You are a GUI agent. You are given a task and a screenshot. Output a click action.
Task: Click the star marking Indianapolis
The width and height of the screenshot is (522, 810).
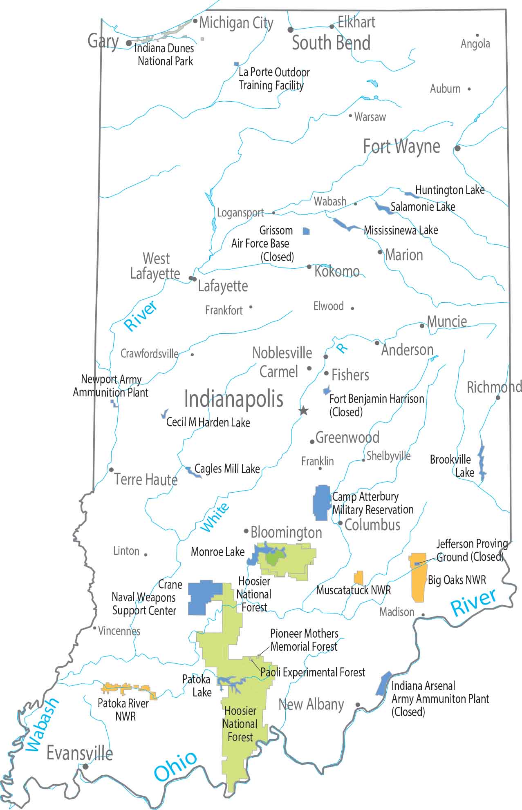click(304, 411)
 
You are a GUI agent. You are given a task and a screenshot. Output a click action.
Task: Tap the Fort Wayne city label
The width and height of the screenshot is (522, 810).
click(401, 146)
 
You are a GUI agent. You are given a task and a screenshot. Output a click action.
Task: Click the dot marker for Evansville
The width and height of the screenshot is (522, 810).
click(85, 767)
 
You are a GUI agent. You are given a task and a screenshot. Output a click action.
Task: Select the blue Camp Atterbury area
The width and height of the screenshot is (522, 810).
click(321, 503)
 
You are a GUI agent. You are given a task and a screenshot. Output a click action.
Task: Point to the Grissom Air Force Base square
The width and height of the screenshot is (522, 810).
click(306, 231)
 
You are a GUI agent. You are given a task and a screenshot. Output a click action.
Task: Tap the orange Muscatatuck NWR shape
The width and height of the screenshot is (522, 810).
click(358, 578)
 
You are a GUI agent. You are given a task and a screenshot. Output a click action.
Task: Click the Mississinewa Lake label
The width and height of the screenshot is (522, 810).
click(401, 230)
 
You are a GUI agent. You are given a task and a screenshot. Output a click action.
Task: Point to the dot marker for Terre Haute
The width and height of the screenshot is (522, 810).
click(111, 470)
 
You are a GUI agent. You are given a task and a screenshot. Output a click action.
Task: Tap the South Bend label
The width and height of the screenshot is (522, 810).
click(331, 43)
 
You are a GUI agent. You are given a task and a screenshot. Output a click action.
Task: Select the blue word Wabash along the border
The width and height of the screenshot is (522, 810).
click(42, 725)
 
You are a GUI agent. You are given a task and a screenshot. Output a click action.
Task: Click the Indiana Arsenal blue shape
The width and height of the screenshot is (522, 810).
click(383, 683)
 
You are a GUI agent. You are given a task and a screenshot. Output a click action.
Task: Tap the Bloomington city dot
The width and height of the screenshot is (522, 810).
click(246, 531)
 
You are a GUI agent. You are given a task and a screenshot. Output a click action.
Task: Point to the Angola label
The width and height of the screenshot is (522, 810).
click(475, 44)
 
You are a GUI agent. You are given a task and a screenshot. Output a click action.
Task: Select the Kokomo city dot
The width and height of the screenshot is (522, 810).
click(309, 267)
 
